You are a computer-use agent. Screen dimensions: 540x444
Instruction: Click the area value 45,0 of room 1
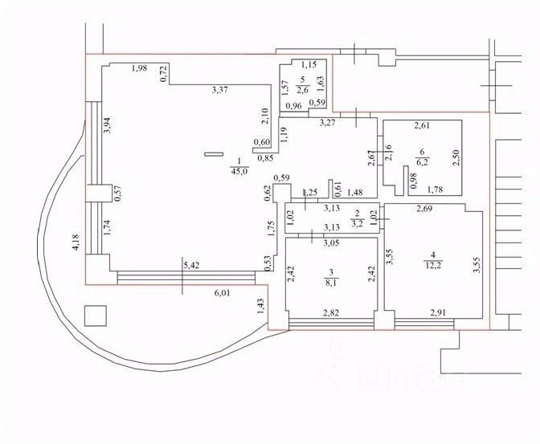pyautogui.click(x=239, y=171)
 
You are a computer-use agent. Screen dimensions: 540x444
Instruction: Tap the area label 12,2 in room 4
pyautogui.click(x=432, y=265)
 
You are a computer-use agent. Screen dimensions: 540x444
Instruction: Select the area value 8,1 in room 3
pyautogui.click(x=331, y=283)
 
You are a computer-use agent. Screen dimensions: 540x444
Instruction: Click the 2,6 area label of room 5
pyautogui.click(x=303, y=90)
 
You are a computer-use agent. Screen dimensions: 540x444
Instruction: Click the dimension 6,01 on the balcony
pyautogui.click(x=222, y=293)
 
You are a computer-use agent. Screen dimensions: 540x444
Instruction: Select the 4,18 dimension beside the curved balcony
pyautogui.click(x=76, y=242)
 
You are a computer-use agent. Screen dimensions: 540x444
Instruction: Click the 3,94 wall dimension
pyautogui.click(x=108, y=126)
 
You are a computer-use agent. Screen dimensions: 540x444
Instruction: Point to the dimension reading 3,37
pyautogui.click(x=219, y=91)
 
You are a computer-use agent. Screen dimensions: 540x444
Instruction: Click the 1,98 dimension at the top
pyautogui.click(x=140, y=68)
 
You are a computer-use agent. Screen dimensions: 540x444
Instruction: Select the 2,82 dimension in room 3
pyautogui.click(x=331, y=313)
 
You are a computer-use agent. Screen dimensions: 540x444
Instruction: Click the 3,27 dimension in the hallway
pyautogui.click(x=328, y=123)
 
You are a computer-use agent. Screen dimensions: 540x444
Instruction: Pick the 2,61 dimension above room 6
pyautogui.click(x=422, y=125)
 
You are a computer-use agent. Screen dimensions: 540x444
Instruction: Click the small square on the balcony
pyautogui.click(x=96, y=316)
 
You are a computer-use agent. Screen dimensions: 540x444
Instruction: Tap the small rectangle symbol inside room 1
pyautogui.click(x=214, y=154)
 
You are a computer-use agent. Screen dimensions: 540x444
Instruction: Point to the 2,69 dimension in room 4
pyautogui.click(x=424, y=209)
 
